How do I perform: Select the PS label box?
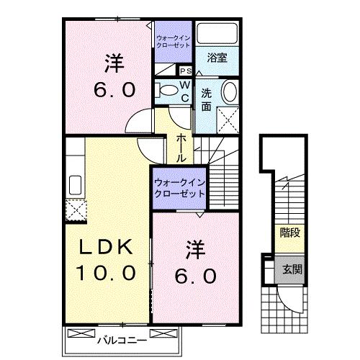tap(184, 71)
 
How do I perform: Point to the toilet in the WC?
tap(166, 90)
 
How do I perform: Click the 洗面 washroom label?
tap(207, 99)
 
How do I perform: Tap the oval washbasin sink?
tap(229, 92)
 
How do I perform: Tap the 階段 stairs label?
tap(289, 232)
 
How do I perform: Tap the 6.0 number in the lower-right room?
tap(195, 276)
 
